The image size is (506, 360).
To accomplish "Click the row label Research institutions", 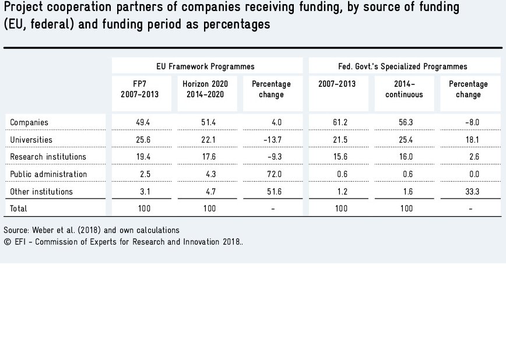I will point(48,157).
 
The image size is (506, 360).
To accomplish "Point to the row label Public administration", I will point(48,174).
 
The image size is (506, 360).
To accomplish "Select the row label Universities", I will point(31,140).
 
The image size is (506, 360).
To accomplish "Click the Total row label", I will point(19,209).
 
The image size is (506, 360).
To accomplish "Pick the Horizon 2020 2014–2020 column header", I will point(205,89).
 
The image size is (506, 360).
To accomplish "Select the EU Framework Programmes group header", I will point(205,66).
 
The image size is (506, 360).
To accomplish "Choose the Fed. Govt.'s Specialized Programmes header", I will point(403,66).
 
